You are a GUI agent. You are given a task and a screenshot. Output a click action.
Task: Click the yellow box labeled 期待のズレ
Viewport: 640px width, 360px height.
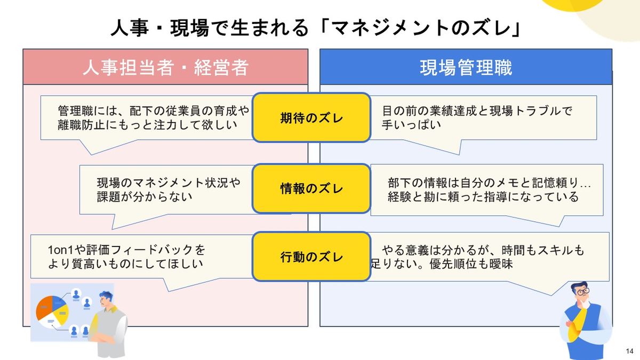pos(311,118)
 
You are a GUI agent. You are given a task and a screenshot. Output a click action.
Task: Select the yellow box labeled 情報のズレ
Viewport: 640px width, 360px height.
pos(311,188)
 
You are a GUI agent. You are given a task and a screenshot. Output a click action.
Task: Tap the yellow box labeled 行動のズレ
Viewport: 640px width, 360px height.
pos(311,257)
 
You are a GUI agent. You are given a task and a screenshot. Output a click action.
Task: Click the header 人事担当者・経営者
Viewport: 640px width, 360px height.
pos(165,68)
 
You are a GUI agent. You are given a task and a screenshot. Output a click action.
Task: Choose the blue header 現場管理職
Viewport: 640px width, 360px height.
pos(466,68)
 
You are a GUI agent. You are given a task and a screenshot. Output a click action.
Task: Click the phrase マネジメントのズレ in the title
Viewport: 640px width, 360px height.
pos(421,28)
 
